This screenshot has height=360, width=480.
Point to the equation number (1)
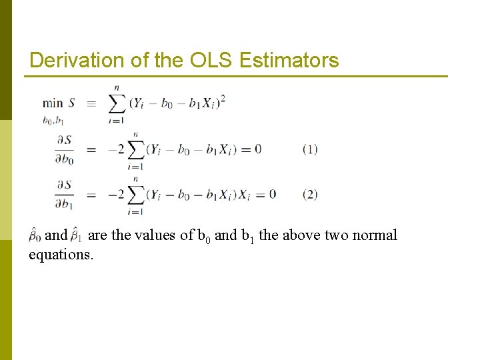pyautogui.click(x=310, y=149)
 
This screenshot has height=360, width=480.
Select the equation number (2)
pyautogui.click(x=310, y=195)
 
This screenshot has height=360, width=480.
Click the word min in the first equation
pyautogui.click(x=53, y=103)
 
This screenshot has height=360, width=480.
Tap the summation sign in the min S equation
pyautogui.click(x=117, y=103)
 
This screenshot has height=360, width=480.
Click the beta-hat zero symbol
pyautogui.click(x=35, y=235)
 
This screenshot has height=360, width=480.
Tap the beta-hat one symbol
pyautogui.click(x=77, y=235)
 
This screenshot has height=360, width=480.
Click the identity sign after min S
pyautogui.click(x=91, y=104)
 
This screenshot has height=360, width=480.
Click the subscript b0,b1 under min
pyautogui.click(x=53, y=121)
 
